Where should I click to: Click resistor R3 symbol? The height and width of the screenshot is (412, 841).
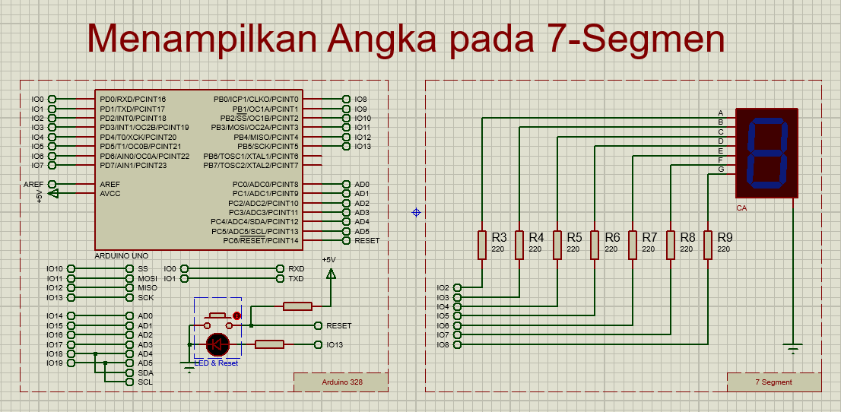(481, 245)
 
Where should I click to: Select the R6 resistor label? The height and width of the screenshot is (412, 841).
(612, 237)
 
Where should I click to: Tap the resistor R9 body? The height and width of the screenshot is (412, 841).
(708, 245)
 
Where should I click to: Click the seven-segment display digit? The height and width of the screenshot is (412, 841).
(766, 153)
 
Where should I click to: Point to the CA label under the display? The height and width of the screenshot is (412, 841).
(741, 208)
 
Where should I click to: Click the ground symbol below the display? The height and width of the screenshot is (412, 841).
(793, 349)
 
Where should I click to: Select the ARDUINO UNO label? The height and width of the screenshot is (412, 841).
(122, 256)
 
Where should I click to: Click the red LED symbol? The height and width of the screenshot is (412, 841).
(218, 344)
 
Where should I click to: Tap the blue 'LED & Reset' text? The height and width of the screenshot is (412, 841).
(217, 363)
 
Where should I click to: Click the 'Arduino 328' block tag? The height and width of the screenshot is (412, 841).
(341, 382)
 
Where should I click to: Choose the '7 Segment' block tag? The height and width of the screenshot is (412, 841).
(773, 382)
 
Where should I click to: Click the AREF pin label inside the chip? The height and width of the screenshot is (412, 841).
(109, 184)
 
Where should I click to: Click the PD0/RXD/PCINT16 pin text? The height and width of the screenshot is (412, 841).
(132, 100)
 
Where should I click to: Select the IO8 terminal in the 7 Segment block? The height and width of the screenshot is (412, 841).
(443, 344)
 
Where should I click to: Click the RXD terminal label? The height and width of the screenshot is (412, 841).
(297, 269)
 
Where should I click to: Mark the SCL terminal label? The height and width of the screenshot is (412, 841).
(145, 382)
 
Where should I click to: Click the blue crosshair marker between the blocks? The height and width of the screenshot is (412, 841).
(416, 212)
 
